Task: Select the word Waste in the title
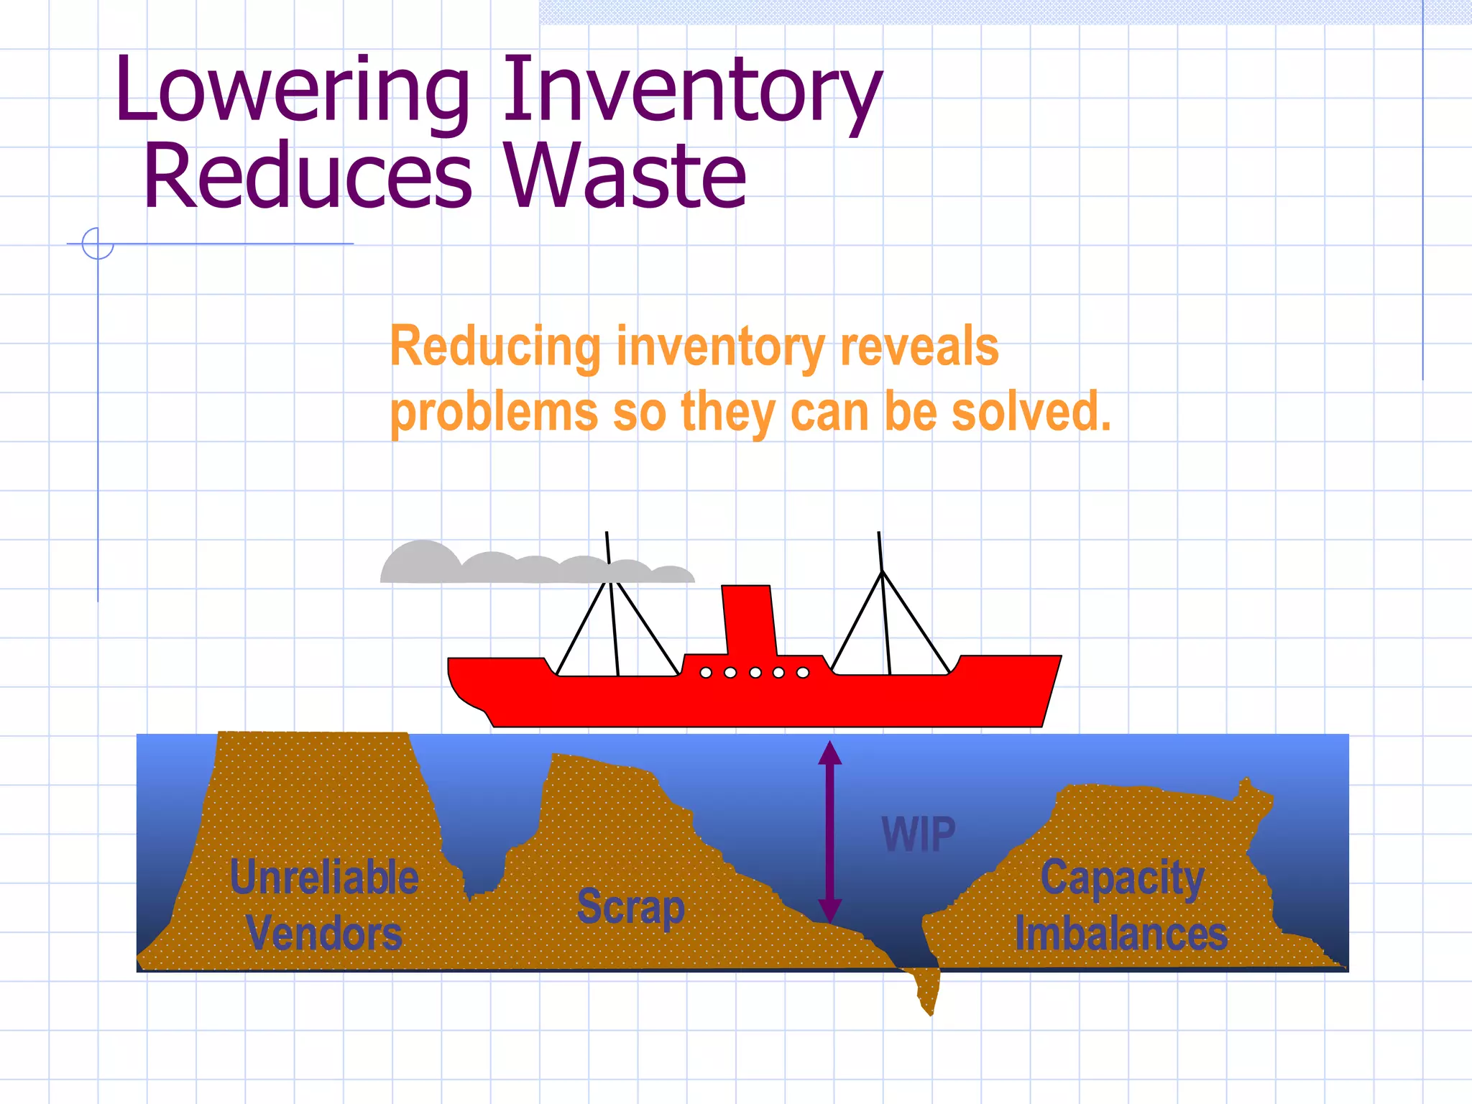[x=625, y=176]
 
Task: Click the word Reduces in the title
[x=308, y=176]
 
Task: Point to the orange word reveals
[x=919, y=346]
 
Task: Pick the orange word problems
[x=494, y=413]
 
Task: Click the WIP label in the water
[x=919, y=834]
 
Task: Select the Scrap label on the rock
[x=631, y=907]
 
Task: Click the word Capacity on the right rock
[x=1122, y=878]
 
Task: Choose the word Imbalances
[x=1121, y=934]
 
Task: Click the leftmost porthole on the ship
[x=706, y=673]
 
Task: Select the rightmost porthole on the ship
[x=803, y=673]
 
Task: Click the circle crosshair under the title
[x=98, y=243]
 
